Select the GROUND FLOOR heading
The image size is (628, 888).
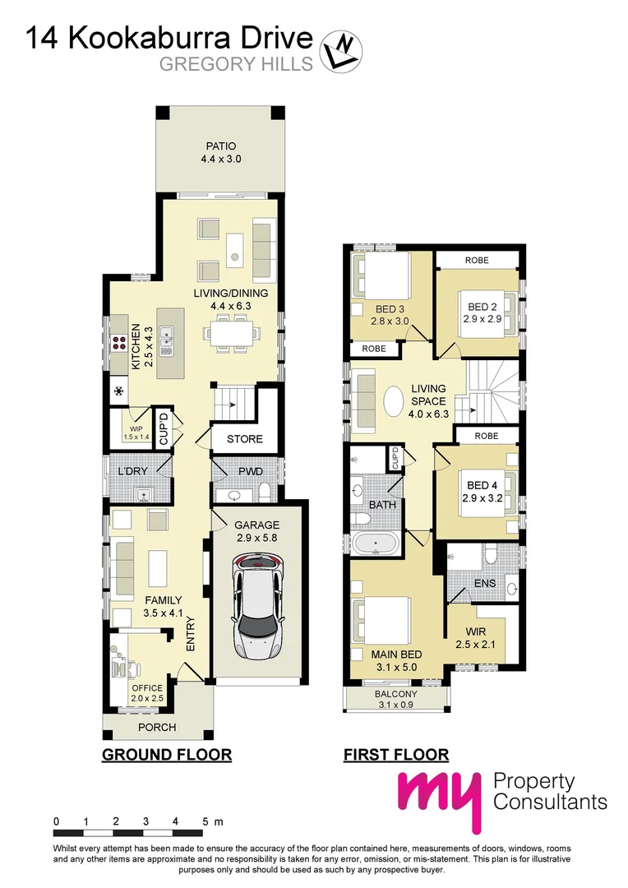pyautogui.click(x=166, y=754)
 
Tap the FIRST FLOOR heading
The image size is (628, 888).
pyautogui.click(x=395, y=754)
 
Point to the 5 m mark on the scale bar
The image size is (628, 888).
pyautogui.click(x=205, y=821)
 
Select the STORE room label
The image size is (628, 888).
pyautogui.click(x=244, y=439)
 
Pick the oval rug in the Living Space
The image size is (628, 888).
pyautogui.click(x=394, y=404)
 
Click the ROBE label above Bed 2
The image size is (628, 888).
pyautogui.click(x=476, y=260)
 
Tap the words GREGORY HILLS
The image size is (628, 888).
pyautogui.click(x=236, y=64)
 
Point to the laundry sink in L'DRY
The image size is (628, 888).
pyautogui.click(x=143, y=495)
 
